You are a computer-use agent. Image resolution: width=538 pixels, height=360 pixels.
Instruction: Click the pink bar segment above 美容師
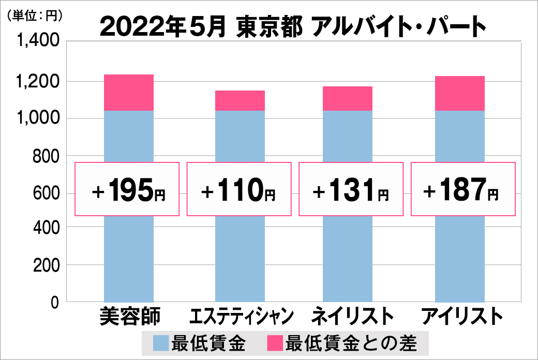coord(129,93)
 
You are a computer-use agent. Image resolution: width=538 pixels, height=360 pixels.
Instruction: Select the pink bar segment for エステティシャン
coord(240,100)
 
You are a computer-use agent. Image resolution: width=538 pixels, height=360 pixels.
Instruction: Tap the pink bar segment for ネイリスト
coord(348,98)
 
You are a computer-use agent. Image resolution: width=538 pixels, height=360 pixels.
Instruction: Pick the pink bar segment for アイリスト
coord(459,93)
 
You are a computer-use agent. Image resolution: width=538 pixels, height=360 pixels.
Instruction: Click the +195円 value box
coord(128,189)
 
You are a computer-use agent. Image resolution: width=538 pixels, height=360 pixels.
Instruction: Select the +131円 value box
coord(351,189)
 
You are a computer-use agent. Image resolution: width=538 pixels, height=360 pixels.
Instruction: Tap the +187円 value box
coord(464,189)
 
